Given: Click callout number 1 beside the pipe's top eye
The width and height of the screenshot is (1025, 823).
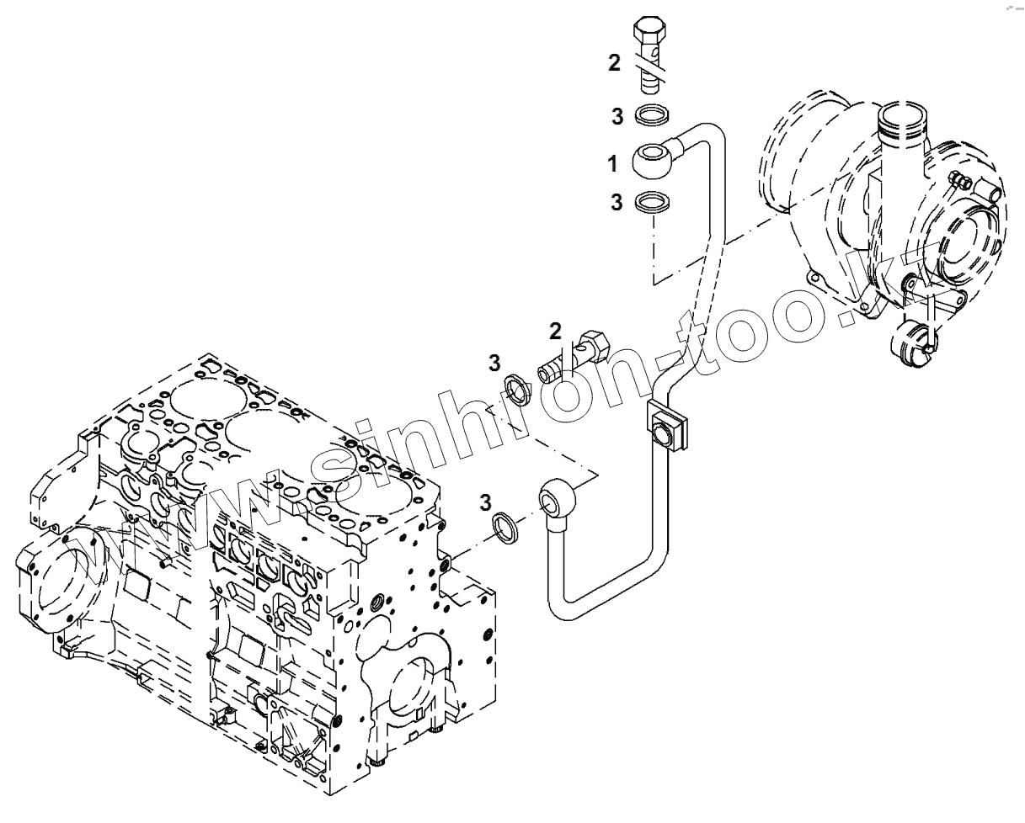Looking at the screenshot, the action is [x=613, y=162].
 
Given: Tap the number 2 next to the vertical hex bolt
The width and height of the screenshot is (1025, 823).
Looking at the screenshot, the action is [x=614, y=62].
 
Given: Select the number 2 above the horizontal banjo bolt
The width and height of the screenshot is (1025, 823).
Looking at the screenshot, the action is [x=555, y=331].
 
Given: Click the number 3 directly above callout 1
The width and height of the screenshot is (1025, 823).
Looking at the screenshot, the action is [x=618, y=115].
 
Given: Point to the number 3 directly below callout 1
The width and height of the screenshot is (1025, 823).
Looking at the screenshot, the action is [x=618, y=202].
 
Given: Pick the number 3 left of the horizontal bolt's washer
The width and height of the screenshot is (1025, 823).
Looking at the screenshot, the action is [x=495, y=363].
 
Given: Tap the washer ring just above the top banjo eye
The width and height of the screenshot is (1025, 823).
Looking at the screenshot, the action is [x=651, y=114].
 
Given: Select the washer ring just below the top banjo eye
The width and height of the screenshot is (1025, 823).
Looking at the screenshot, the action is [x=651, y=202].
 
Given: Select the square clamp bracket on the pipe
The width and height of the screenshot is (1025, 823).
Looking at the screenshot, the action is [x=665, y=426].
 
